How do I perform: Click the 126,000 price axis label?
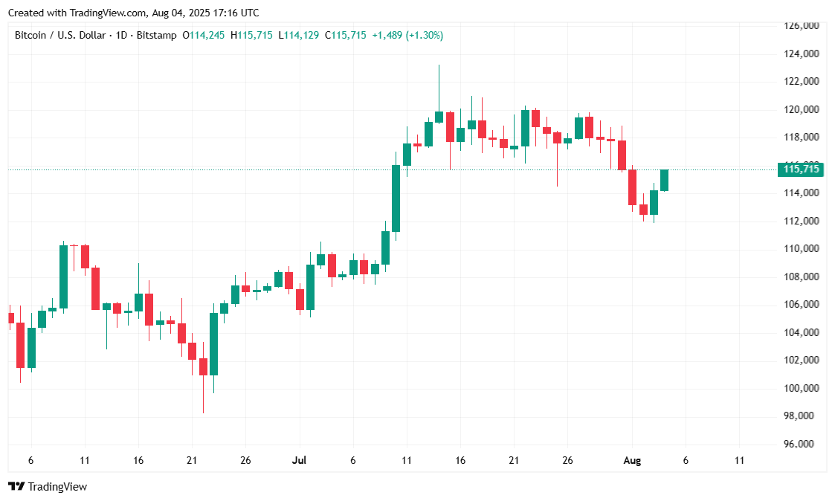tap(802, 26)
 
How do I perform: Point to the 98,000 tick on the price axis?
tap(802, 416)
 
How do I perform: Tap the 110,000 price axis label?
tap(802, 249)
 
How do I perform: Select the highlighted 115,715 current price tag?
tap(802, 169)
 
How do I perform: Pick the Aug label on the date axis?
tap(631, 461)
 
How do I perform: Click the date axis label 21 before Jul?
tap(192, 461)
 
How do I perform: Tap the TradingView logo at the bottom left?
tap(48, 487)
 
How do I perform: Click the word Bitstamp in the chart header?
tap(157, 35)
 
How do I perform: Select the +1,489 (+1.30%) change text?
tap(407, 35)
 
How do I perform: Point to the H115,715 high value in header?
tap(252, 35)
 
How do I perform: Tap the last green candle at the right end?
tap(664, 180)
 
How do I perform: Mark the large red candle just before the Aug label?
tap(632, 187)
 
